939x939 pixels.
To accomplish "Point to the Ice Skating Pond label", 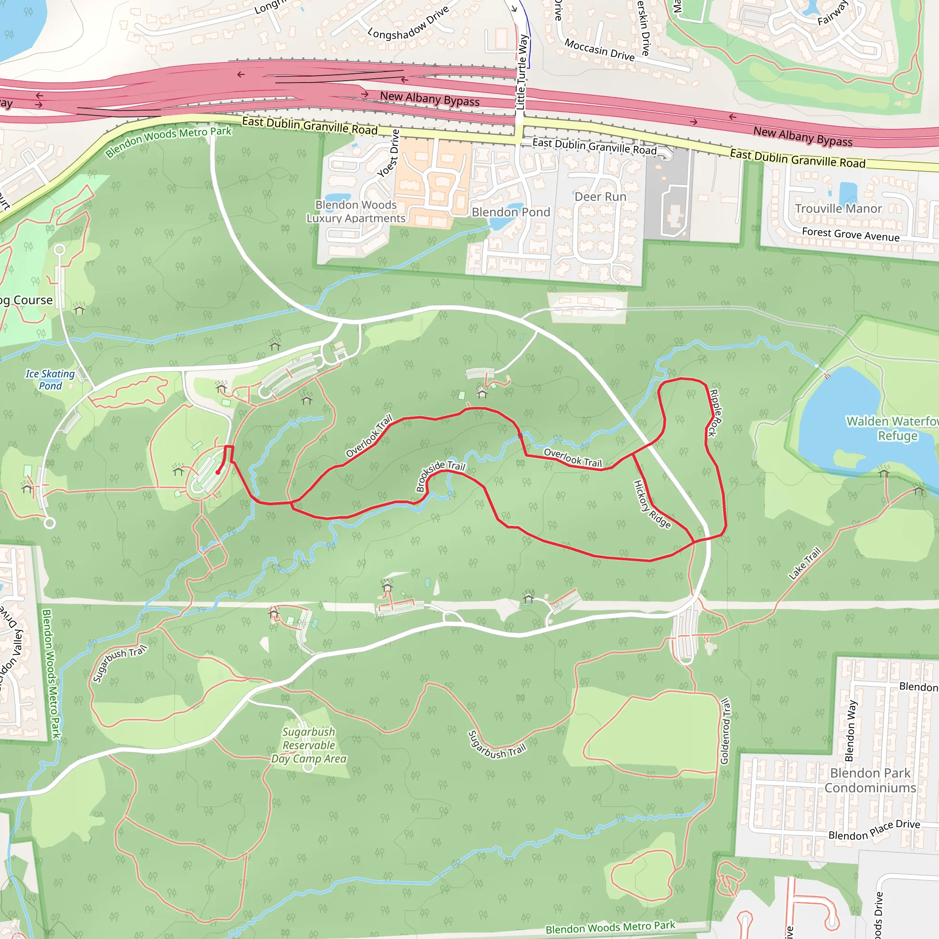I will coord(50,380).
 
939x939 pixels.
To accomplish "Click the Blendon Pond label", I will coord(511,212).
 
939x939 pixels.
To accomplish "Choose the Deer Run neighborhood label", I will coord(600,197).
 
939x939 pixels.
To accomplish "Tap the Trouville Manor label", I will coord(839,209).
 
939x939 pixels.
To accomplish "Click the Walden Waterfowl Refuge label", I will coord(892,428).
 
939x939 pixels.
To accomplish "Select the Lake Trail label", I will coord(804,563).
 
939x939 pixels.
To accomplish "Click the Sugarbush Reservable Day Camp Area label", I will coord(309,746).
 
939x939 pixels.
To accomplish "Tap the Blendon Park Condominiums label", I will coord(870,780).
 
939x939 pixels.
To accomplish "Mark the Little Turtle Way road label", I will coord(521,72).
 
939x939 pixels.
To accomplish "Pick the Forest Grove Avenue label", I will coord(851,234).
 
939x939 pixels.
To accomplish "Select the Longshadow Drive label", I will coord(408,23).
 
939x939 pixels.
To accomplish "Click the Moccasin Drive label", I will coord(599,50).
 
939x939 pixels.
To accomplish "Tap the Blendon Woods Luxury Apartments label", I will coord(356,211).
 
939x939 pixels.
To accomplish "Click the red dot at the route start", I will coord(218,472).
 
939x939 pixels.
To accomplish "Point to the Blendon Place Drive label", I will coord(874,829).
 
